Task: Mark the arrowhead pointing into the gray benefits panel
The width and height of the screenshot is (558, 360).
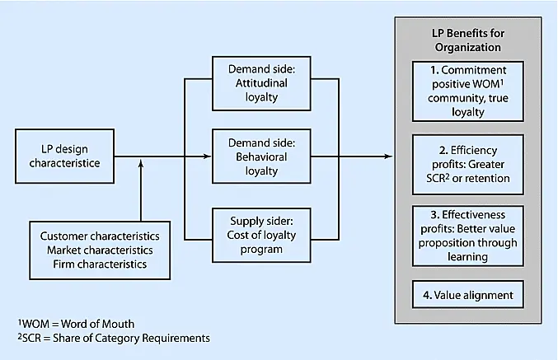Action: click(x=387, y=156)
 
